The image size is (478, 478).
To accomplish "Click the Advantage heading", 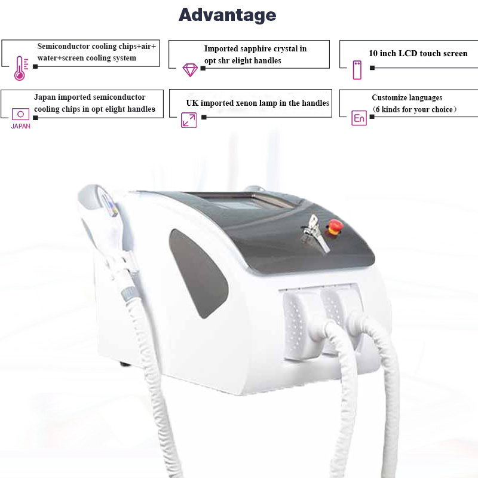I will coord(227,15).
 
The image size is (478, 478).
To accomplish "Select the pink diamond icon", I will coord(190,69).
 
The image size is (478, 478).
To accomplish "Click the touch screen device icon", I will coord(357,69).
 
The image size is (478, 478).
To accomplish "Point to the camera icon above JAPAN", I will coord(20,114).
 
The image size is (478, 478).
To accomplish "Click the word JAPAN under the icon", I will coord(20,126).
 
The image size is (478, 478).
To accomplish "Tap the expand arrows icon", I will coord(189,120).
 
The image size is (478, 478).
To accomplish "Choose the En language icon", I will coord(358,118).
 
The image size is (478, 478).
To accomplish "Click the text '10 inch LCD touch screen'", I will coord(418,54).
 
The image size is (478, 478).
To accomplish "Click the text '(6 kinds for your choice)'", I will coord(414,109).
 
